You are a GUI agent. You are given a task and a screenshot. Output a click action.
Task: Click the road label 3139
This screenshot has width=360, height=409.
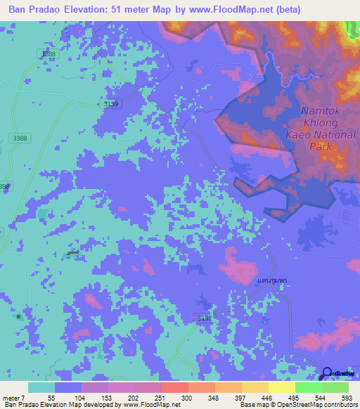(111, 103)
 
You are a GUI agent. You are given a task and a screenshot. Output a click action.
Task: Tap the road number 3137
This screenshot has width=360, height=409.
(205, 318)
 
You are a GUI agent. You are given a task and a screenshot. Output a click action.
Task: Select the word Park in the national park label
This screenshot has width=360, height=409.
(321, 147)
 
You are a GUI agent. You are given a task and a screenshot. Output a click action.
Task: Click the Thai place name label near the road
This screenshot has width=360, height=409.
(273, 280)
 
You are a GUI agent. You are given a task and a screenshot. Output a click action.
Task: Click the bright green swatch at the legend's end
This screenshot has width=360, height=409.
(335, 387)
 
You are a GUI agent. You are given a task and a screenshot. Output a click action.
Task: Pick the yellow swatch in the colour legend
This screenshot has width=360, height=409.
(281, 387)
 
